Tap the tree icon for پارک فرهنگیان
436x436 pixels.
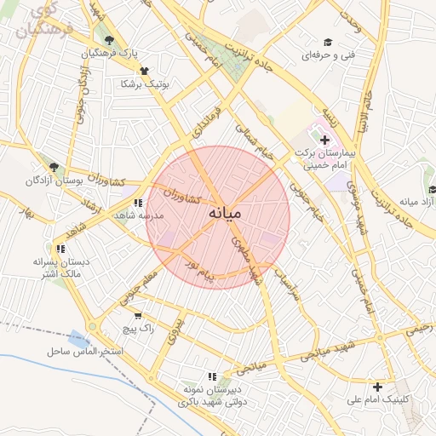tap(107, 40)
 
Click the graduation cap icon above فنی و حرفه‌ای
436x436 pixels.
tap(326, 42)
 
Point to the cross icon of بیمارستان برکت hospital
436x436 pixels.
tap(324, 139)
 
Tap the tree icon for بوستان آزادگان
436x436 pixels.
tap(54, 168)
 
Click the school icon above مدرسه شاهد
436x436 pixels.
tap(138, 202)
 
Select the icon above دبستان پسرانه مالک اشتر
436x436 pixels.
tap(60, 249)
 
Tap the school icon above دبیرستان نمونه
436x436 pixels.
tap(212, 376)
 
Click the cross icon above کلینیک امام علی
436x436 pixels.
tap(377, 386)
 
